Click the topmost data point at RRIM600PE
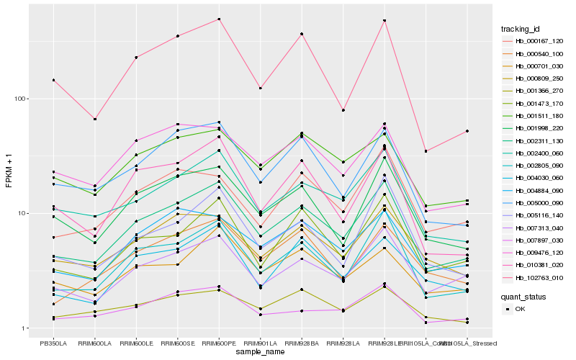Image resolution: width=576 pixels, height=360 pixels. [219, 19]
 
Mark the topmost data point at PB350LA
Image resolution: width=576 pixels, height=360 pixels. [53, 80]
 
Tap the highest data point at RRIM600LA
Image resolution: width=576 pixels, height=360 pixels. [94, 119]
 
